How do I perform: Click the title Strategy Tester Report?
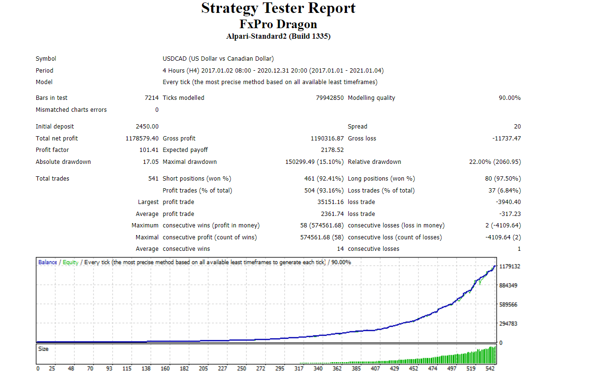pos(278,8)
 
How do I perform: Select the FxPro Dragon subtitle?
pos(278,24)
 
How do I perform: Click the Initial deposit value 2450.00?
pos(147,127)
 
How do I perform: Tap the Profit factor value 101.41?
pos(149,150)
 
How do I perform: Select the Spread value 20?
pos(518,127)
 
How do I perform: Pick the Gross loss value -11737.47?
pos(507,139)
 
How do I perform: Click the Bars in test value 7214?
pos(151,98)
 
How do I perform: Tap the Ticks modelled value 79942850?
pos(330,98)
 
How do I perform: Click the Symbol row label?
pos(46,59)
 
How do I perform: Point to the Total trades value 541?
pos(153,179)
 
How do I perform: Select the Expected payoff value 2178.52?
pos(332,150)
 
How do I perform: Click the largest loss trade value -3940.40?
pos(508,202)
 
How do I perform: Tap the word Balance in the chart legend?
pos(47,262)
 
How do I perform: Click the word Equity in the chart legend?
pos(70,262)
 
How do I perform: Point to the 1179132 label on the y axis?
pos(509,267)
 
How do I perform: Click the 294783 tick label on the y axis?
pos(508,324)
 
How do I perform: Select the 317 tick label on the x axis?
pos(299,368)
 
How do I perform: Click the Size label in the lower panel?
pos(43,349)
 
